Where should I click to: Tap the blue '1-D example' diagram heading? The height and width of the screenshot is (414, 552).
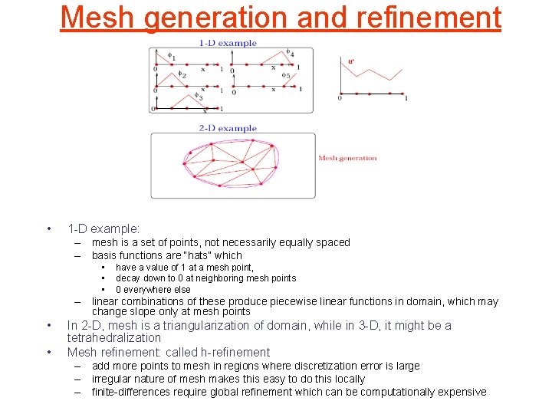click(228, 43)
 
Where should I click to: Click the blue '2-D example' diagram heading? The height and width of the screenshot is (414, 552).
click(228, 128)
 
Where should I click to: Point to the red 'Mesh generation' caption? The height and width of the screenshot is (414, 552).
click(347, 158)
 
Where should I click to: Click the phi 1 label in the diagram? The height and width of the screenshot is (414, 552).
click(171, 56)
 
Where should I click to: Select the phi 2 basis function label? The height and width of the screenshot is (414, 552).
click(182, 74)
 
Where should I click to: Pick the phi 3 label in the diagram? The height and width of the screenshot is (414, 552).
click(199, 97)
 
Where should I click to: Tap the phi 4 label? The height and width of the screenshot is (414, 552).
click(290, 53)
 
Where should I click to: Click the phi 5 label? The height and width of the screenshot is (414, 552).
click(285, 75)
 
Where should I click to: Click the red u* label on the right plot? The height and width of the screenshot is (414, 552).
click(351, 61)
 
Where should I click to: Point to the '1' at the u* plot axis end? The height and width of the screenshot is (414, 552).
click(406, 98)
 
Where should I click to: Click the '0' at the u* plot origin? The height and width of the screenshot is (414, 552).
click(340, 98)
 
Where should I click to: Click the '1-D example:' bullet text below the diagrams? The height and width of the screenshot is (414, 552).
click(103, 228)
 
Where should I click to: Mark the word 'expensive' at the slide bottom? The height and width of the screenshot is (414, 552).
click(462, 392)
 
